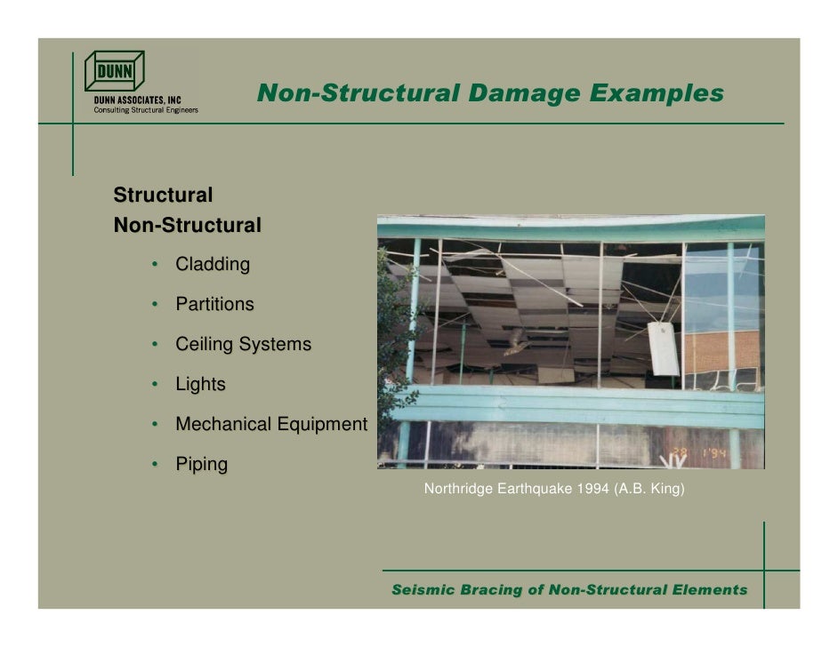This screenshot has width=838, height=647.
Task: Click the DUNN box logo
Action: point(114,71)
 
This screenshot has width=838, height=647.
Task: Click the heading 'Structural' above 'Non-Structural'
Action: point(163,195)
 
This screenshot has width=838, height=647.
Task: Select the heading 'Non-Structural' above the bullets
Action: point(188,226)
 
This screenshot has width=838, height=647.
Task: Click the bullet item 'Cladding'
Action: point(213,264)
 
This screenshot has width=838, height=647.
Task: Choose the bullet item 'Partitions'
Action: point(214,304)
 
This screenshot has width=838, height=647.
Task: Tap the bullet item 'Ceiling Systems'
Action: point(243,344)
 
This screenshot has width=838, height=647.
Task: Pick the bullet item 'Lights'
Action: point(200,385)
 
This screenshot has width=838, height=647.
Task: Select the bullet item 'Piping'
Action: point(201,464)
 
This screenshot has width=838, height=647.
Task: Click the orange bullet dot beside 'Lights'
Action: point(154,385)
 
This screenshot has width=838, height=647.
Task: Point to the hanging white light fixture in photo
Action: point(663,347)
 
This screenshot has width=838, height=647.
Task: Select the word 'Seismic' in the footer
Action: point(424,590)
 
